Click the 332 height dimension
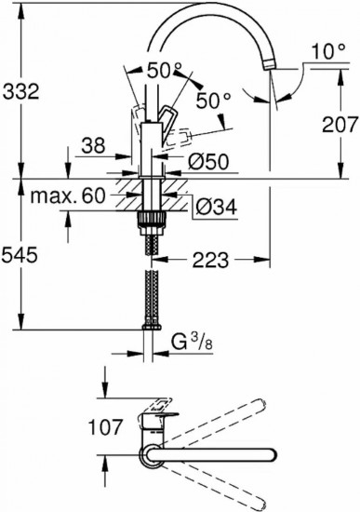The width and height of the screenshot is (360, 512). [x=20, y=91]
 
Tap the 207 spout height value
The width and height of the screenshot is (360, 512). [x=340, y=125]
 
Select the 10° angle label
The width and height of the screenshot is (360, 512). [x=328, y=51]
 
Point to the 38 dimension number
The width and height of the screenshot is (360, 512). [x=93, y=145]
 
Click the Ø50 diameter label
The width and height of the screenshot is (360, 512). [x=208, y=161]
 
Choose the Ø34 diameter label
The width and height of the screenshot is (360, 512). [x=217, y=207]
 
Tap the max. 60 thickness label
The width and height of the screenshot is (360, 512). [x=68, y=195]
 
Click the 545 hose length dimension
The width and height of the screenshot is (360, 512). [x=20, y=255]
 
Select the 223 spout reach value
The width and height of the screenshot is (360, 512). [x=210, y=261]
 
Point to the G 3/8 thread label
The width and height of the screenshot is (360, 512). [x=192, y=343]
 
